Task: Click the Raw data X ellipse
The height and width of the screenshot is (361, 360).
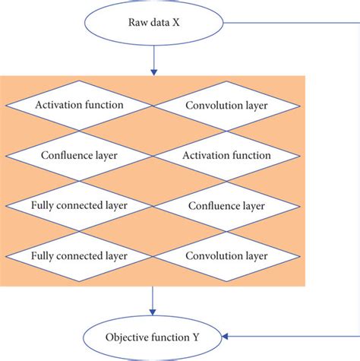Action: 154,22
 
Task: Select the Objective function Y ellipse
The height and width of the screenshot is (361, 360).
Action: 154,334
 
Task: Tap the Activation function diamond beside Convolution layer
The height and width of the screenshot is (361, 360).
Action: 79,104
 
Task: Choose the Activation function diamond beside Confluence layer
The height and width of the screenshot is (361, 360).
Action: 226,155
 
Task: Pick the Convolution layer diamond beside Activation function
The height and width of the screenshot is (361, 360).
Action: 226,104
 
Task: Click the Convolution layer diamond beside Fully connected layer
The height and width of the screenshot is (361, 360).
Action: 226,255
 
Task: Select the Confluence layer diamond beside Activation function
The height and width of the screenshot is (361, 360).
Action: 79,155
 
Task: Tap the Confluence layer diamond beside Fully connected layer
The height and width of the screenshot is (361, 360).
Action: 226,205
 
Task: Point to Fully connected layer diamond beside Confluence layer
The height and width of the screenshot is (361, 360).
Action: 79,205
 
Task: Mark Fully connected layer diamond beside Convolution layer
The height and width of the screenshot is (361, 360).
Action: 79,255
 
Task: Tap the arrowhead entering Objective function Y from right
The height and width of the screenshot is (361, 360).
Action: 229,334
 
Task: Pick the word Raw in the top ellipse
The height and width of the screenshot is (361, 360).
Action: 136,23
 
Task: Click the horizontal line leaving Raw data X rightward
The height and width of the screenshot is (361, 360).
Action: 289,22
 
